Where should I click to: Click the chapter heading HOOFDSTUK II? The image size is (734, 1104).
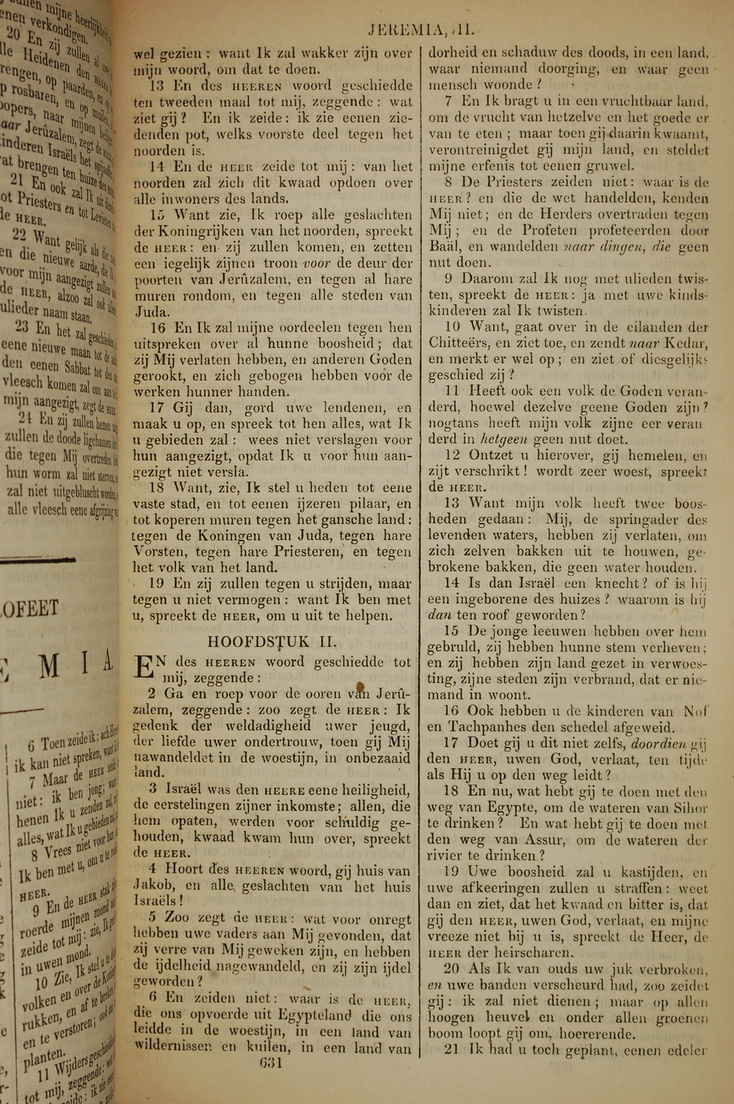pyautogui.click(x=272, y=641)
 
